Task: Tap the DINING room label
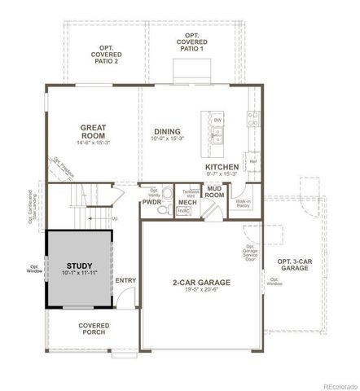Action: (x=167, y=131)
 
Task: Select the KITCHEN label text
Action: (x=221, y=166)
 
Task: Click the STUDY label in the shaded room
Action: (x=80, y=266)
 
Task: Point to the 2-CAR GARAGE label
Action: (x=202, y=282)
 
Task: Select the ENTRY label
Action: (x=126, y=281)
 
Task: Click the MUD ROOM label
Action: (x=214, y=192)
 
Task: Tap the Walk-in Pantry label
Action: (x=242, y=205)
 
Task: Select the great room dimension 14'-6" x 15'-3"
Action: (x=95, y=143)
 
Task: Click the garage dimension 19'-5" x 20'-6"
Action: (x=202, y=291)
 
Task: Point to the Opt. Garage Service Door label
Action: (x=251, y=256)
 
